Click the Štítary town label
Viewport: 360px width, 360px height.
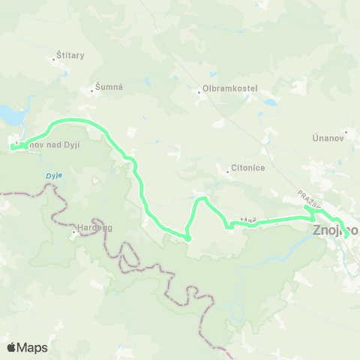click(x=70, y=55)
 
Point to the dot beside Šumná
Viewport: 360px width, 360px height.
click(x=97, y=91)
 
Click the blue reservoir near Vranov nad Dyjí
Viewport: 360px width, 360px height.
click(x=11, y=115)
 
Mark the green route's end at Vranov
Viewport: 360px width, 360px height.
click(x=13, y=148)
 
